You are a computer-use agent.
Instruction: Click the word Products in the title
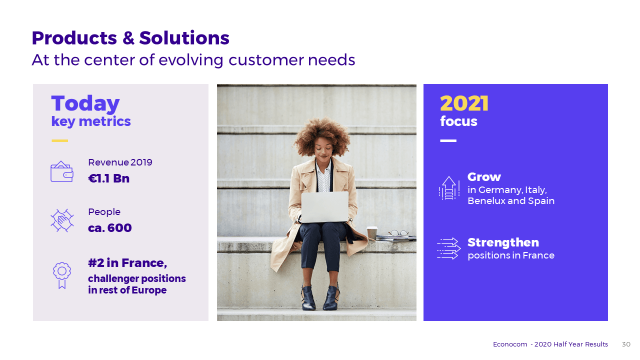[x=74, y=38]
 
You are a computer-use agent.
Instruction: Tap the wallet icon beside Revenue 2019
[x=62, y=171]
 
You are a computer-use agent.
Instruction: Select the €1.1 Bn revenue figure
[x=109, y=178]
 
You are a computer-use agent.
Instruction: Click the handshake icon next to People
[x=62, y=220]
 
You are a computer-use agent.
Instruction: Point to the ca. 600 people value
[x=110, y=228]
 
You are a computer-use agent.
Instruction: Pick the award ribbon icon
[x=61, y=275]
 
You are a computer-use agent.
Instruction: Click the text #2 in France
[x=127, y=263]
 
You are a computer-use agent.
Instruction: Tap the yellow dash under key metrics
[x=59, y=140]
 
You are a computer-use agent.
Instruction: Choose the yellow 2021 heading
[x=464, y=103]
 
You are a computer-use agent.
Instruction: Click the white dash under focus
[x=448, y=140]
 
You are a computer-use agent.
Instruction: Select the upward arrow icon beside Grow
[x=449, y=188]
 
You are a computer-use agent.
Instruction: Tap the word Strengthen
[x=503, y=242]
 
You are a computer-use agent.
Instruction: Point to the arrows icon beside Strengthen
[x=449, y=248]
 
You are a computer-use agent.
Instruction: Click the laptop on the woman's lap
[x=325, y=207]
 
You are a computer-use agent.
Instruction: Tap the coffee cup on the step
[x=372, y=233]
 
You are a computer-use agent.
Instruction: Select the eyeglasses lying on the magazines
[x=398, y=233]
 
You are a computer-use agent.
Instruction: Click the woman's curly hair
[x=322, y=134]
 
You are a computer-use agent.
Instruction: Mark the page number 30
[x=626, y=344]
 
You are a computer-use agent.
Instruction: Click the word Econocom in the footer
[x=510, y=344]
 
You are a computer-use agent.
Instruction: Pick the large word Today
[x=85, y=103]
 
